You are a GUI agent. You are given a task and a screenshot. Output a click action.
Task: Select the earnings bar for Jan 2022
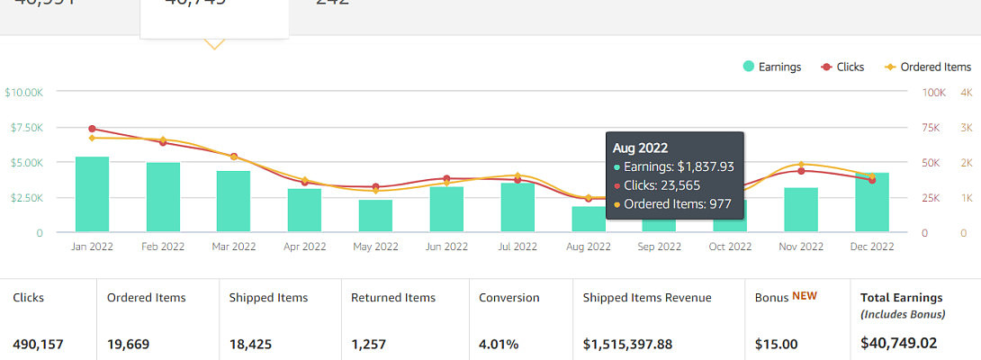92,194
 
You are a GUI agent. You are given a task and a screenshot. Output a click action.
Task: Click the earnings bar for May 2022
375,216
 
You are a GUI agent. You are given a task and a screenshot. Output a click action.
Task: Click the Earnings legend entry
771,67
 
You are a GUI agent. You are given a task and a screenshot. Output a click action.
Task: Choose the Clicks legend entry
842,67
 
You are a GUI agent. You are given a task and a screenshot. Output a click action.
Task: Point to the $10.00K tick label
23,92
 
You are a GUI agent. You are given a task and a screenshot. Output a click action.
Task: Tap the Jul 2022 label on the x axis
517,247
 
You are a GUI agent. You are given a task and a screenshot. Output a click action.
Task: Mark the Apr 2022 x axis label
304,247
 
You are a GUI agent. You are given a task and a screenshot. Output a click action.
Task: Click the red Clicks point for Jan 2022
92,129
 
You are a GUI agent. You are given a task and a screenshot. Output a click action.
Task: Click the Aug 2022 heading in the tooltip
640,148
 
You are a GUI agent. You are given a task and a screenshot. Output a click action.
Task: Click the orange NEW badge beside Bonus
804,296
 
